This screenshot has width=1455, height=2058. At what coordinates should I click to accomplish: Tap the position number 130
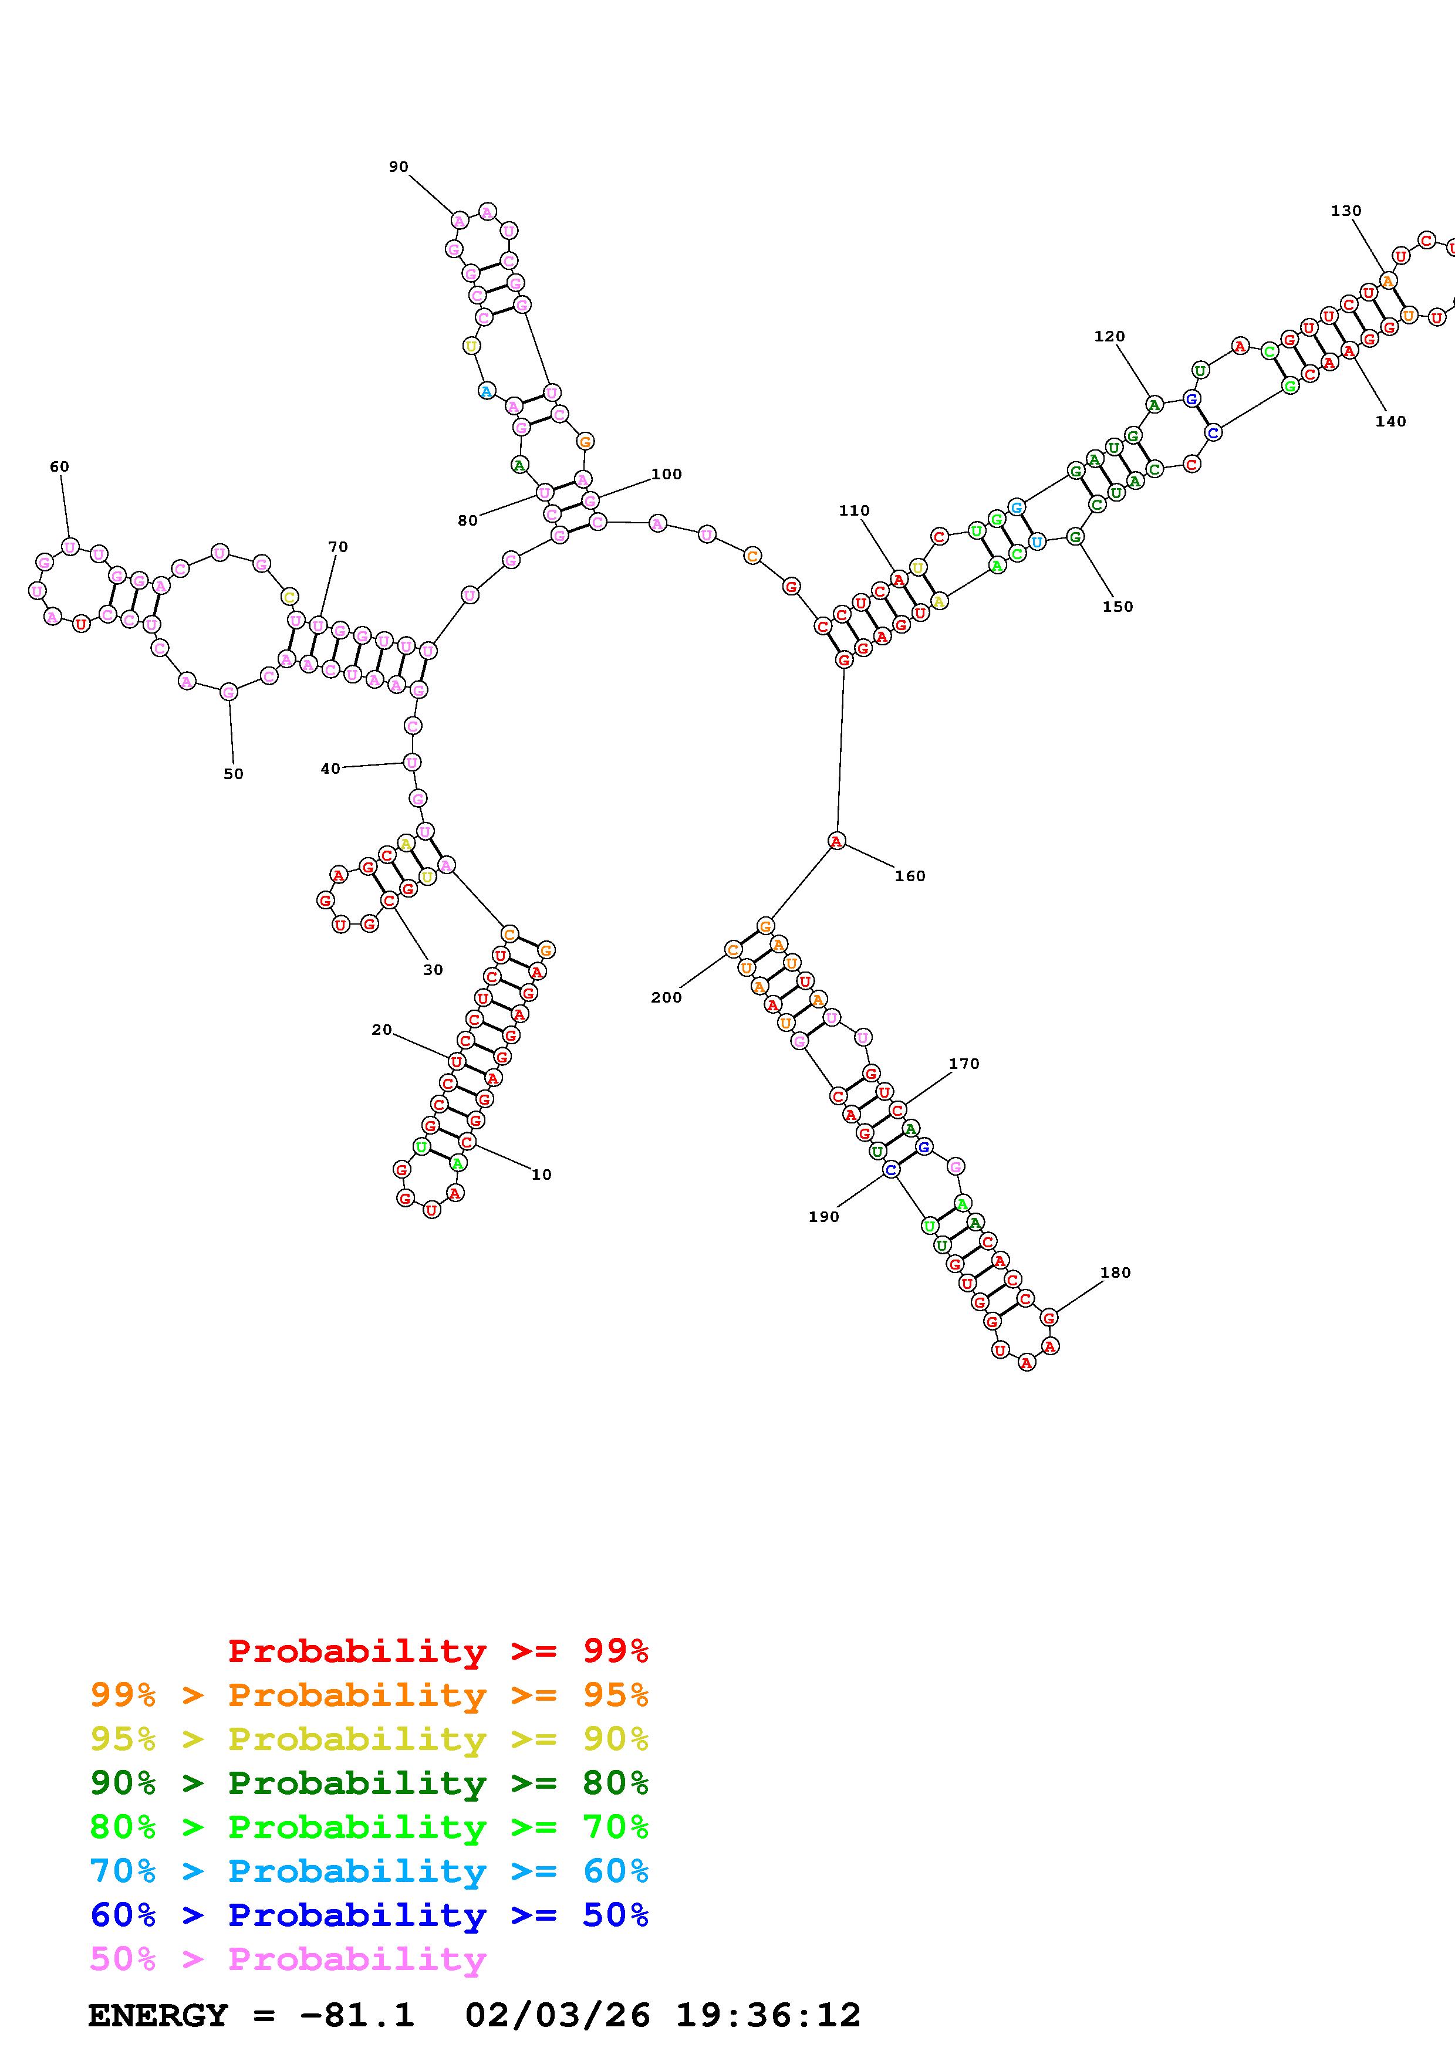point(1346,211)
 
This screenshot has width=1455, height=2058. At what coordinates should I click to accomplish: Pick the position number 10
point(542,1174)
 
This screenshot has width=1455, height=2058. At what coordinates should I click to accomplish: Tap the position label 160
point(909,876)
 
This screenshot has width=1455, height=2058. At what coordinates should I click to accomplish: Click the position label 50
point(233,774)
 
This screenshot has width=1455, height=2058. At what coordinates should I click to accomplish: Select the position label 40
point(330,768)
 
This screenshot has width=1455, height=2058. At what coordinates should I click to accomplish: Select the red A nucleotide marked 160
point(836,841)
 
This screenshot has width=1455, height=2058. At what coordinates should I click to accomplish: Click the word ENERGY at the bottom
point(158,2015)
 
